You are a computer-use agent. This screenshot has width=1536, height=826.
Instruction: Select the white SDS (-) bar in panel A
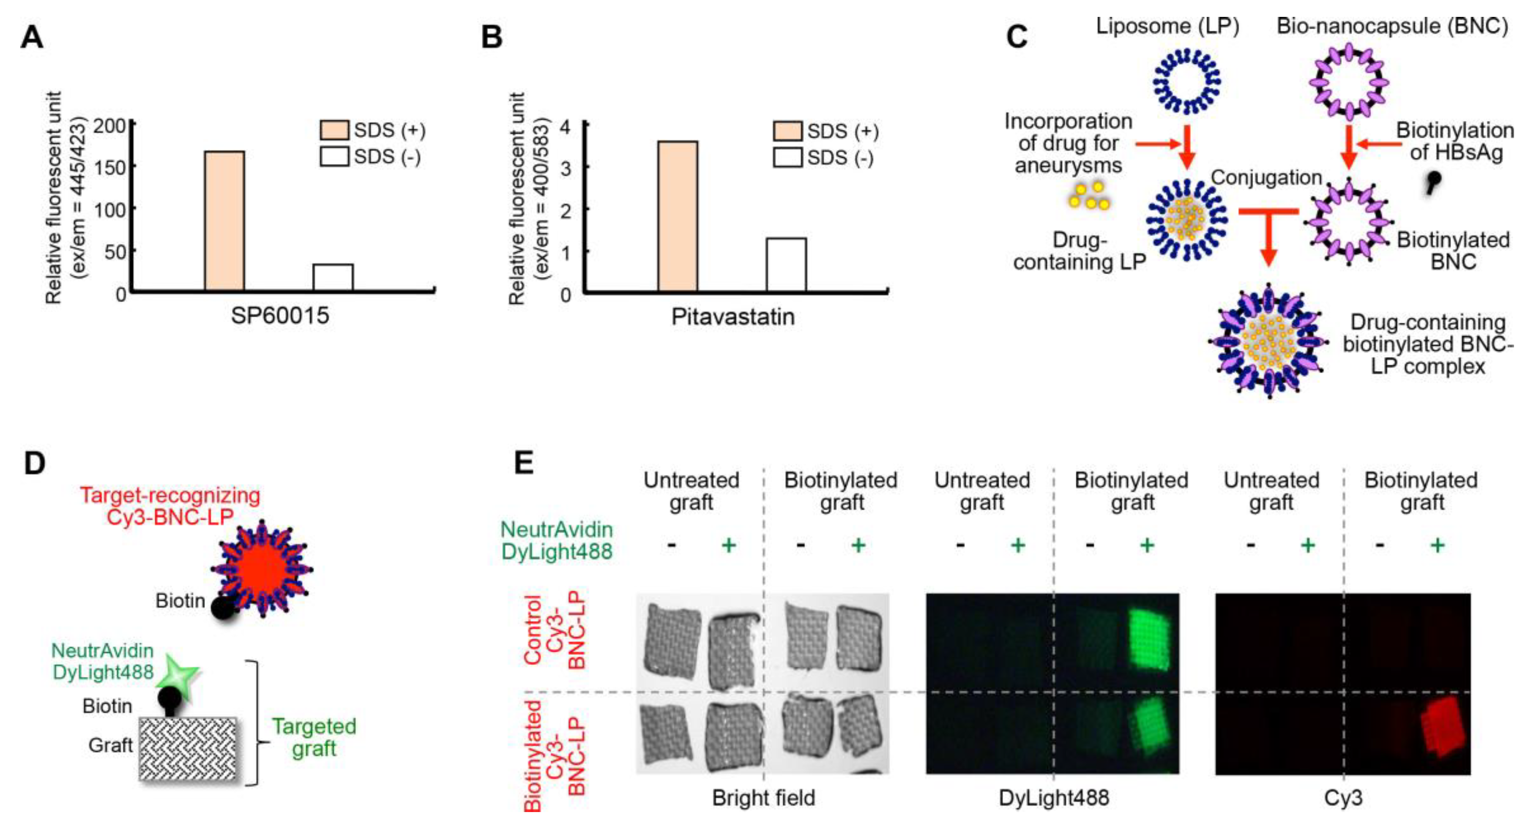pyautogui.click(x=333, y=277)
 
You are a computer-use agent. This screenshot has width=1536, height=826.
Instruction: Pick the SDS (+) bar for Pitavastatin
pyautogui.click(x=678, y=216)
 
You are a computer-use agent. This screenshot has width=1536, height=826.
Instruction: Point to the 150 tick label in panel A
pyautogui.click(x=110, y=167)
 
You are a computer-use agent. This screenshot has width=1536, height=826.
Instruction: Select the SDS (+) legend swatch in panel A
pyautogui.click(x=334, y=130)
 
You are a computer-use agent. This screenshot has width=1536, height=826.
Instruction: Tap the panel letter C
pyautogui.click(x=1017, y=37)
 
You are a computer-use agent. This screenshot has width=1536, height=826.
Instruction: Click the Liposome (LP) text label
pyautogui.click(x=1167, y=26)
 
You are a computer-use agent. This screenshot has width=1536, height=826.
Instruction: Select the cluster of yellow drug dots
pyautogui.click(x=1089, y=196)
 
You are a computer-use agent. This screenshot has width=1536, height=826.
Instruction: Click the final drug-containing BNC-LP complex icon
pyautogui.click(x=1268, y=341)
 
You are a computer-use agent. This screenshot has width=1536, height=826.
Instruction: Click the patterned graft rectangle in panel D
pyautogui.click(x=188, y=749)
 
